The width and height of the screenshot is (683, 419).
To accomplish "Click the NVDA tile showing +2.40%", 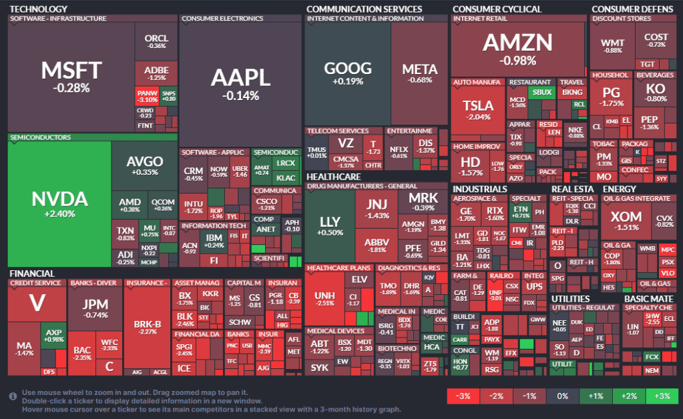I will tap(59, 203).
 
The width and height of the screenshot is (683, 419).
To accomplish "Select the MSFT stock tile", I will tap(71, 75).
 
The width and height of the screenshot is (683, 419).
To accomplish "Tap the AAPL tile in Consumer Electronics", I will tap(240, 83).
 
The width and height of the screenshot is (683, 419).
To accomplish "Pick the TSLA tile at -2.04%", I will tap(477, 110).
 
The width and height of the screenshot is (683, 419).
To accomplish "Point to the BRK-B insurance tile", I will tap(148, 330).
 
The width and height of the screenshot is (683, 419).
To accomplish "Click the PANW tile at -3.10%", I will tap(146, 95).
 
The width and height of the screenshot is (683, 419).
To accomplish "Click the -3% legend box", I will tap(463, 396).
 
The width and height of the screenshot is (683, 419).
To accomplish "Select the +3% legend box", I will tap(662, 396).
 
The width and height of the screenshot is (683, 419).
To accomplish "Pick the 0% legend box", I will tap(563, 396).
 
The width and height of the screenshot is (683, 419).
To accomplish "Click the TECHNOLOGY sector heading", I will tap(39, 9).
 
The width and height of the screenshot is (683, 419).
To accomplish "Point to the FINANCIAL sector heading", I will tap(31, 273).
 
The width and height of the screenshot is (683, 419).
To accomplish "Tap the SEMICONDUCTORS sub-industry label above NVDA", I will tap(40, 137).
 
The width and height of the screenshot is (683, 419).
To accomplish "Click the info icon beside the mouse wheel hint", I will tap(13, 396).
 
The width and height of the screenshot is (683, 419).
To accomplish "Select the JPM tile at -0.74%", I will tap(95, 308).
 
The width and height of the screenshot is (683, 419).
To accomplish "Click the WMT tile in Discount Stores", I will tap(612, 47).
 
